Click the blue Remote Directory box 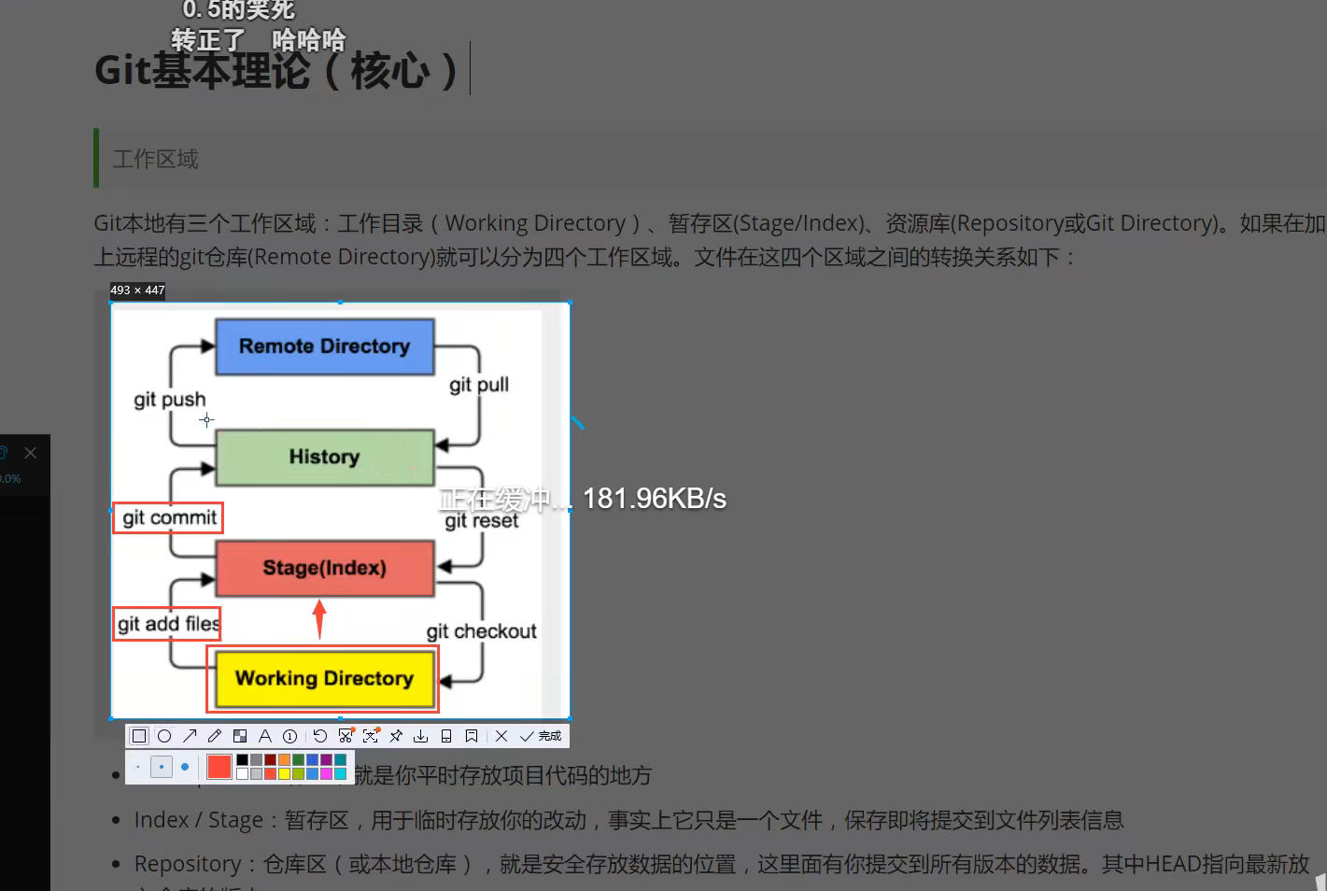324,346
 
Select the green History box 324,457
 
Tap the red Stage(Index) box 324,568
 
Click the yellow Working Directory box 324,678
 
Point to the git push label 169,400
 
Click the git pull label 478,385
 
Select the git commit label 169,517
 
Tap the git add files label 168,624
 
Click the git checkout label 481,631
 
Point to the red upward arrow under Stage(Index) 319,618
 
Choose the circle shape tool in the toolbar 164,736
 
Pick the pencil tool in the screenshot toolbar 215,736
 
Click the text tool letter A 265,736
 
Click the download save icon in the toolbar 421,736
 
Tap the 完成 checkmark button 541,736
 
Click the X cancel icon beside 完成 501,736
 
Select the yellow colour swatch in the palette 284,773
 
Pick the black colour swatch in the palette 243,760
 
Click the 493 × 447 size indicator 137,290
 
